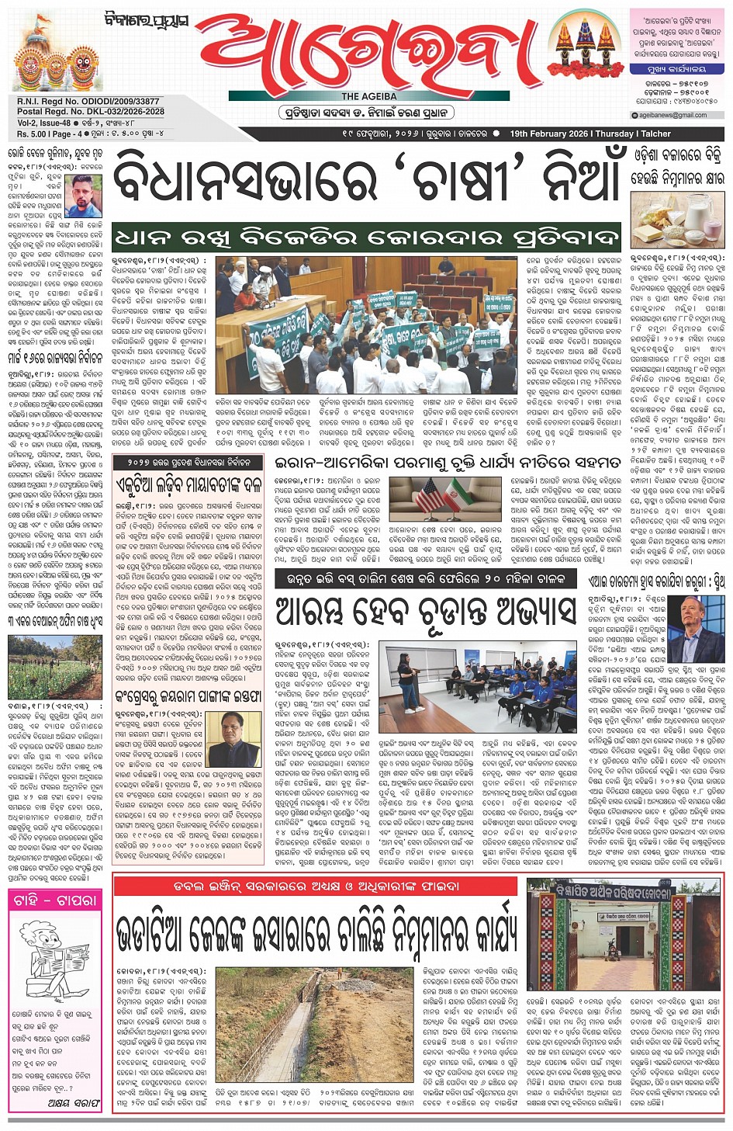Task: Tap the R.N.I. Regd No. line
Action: [x=88, y=102]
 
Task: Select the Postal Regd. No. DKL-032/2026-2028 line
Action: [x=91, y=112]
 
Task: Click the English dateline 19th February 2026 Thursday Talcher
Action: [x=590, y=134]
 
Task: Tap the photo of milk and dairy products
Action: [x=677, y=220]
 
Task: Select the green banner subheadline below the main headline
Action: [x=366, y=238]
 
